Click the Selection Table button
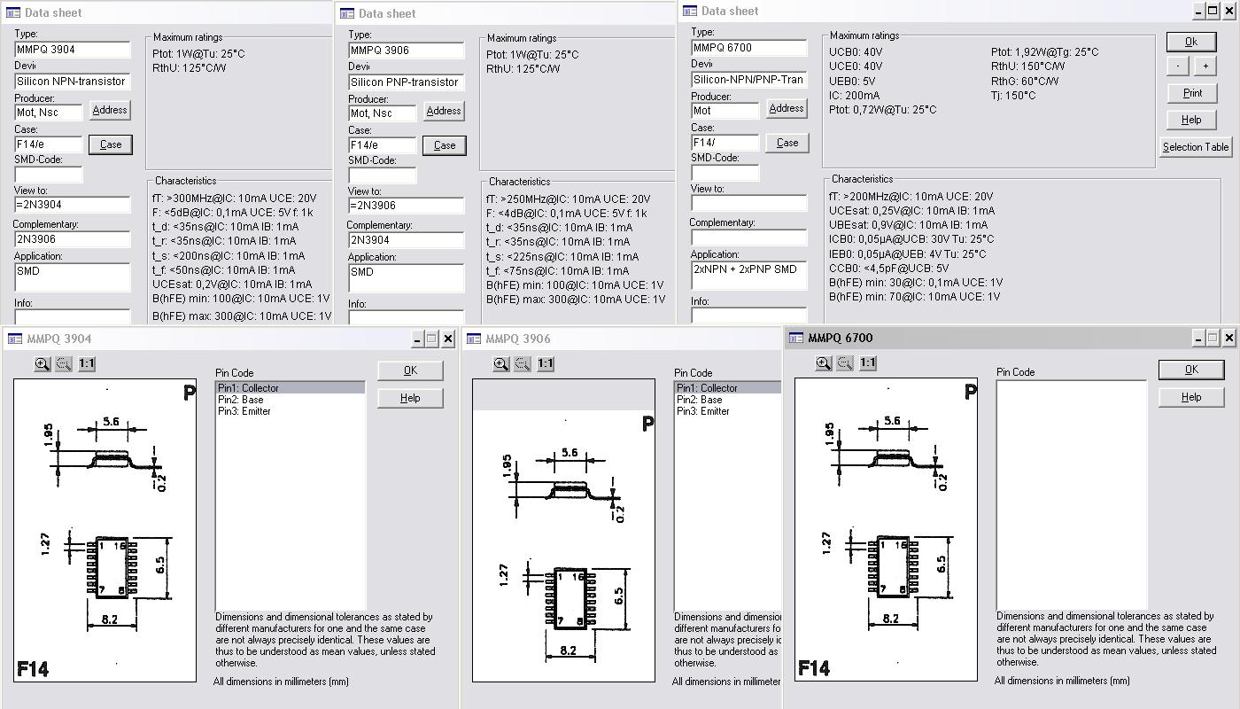pos(1195,147)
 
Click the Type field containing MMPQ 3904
pos(72,50)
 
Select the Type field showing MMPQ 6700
pos(748,48)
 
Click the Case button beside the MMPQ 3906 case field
pos(445,145)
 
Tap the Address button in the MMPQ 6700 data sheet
pos(787,108)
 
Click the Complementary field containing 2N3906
pos(72,239)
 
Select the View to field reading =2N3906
pos(406,206)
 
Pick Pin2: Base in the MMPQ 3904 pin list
pos(240,400)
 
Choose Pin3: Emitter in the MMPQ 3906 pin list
pos(702,411)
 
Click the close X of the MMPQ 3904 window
pos(448,339)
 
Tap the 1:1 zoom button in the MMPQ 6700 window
pos(867,362)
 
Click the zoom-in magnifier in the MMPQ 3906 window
pos(500,364)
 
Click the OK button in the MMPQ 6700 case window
pos(1190,370)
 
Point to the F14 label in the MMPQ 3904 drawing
pos(33,669)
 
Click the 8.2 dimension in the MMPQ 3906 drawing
pos(568,651)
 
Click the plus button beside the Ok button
pos(1205,66)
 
